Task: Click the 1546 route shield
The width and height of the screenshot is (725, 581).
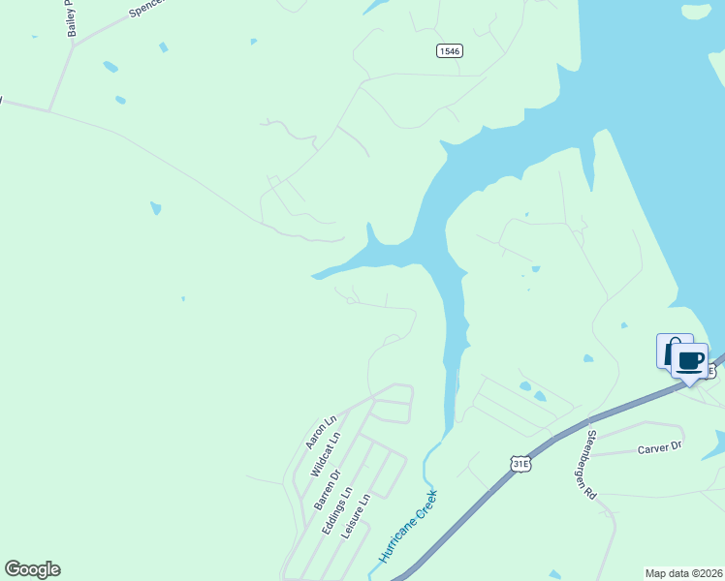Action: click(448, 51)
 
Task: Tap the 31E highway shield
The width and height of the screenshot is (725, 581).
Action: click(521, 465)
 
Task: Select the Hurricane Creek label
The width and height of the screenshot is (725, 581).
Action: click(408, 527)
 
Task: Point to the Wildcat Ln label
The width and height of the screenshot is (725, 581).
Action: click(326, 454)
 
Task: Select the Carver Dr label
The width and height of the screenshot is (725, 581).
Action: click(660, 448)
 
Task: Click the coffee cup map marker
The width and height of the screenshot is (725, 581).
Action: click(689, 361)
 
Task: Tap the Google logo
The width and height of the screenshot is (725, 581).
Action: click(32, 569)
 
